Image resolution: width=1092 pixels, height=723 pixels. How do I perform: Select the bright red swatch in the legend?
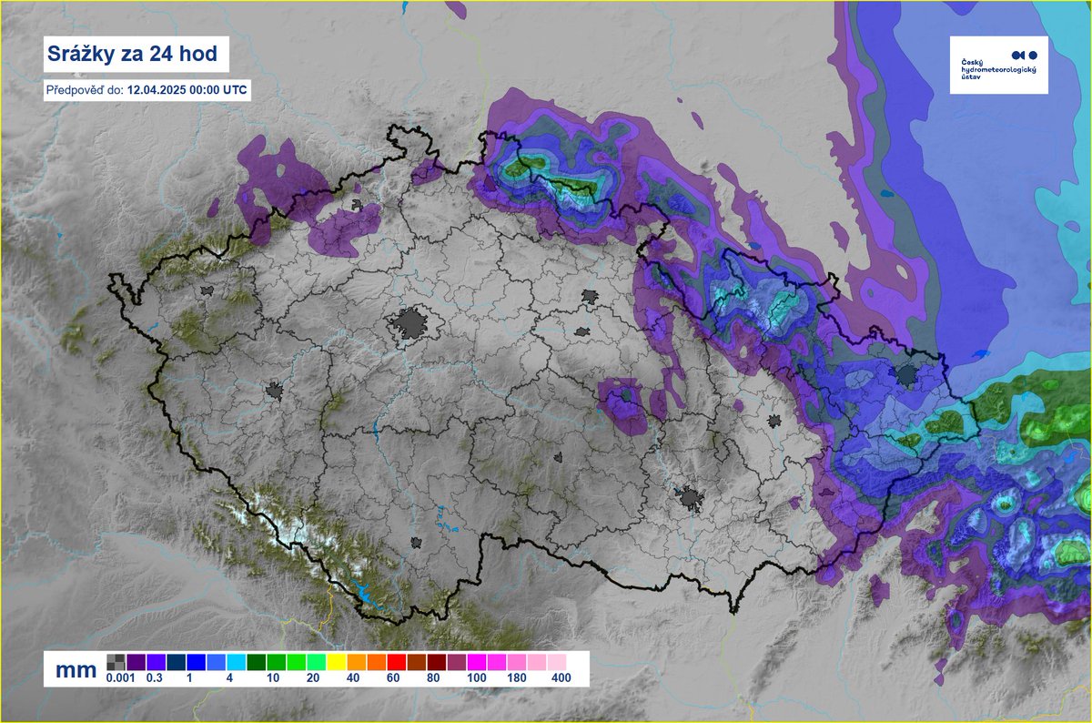(395, 662)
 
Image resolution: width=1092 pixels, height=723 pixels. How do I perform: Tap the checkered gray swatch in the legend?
(116, 662)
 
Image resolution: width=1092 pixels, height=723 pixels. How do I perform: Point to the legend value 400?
(561, 678)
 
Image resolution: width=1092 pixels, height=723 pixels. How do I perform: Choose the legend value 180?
(518, 678)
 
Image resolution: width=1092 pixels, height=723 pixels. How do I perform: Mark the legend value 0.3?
(154, 678)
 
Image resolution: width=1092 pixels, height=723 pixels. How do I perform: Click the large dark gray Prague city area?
(411, 325)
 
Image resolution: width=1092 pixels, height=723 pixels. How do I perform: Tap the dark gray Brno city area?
(692, 499)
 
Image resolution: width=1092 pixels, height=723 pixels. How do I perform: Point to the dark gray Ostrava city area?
(907, 375)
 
